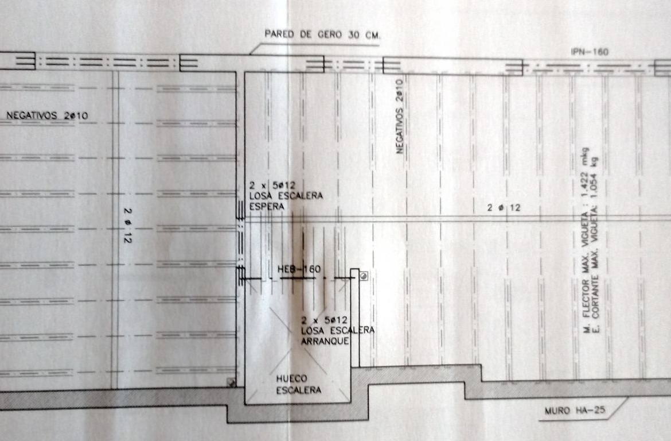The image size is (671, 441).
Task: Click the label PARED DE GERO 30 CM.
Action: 322,34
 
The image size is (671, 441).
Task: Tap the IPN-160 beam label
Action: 589,52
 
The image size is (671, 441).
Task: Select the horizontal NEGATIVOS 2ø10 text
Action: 47,115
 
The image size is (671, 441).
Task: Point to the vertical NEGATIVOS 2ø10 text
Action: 399,116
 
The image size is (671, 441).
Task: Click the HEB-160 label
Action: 299,269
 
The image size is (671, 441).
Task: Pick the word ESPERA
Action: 267,206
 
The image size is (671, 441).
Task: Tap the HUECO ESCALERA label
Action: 298,384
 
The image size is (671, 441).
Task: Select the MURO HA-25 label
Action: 575,410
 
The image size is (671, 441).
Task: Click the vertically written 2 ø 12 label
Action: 127,226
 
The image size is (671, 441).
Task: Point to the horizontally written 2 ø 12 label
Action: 504,208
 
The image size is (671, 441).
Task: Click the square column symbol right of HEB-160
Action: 364,276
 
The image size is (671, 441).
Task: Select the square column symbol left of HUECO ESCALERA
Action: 231,382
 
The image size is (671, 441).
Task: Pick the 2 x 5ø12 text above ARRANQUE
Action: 325,320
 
